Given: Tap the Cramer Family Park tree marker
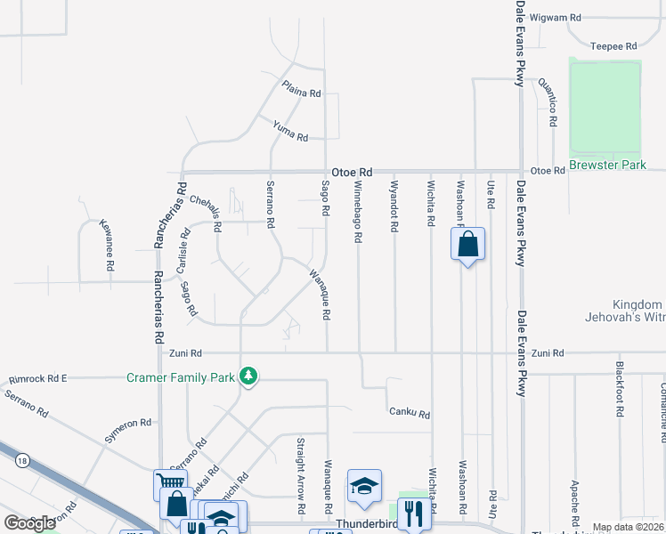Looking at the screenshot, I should pos(249,377).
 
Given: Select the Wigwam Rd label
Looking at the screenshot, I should pos(555,17).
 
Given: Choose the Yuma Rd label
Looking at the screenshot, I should pos(290,132).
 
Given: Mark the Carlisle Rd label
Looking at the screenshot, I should pos(183,250).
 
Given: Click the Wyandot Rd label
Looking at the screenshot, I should pos(394,206).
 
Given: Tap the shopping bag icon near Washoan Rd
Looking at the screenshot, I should pos(468,244).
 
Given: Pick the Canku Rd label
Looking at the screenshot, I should pos(410,413).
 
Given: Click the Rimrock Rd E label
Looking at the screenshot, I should pos(37,378).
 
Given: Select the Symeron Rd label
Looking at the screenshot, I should pos(127,424).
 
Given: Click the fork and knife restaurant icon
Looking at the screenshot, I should pos(413,513).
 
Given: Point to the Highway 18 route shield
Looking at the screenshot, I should pos(20,460).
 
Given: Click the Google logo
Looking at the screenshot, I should pos(29,523).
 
